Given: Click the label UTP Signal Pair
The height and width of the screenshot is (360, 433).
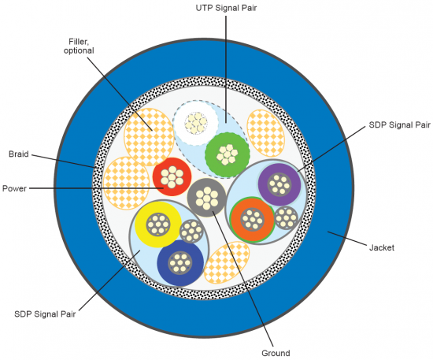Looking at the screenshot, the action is click(x=226, y=8).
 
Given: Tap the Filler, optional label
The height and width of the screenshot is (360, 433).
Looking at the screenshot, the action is click(x=79, y=46).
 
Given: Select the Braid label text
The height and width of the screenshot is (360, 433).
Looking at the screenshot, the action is click(x=19, y=154).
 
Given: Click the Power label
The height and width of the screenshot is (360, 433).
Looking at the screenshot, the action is click(x=14, y=189).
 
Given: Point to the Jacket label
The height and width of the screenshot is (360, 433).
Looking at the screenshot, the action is click(x=382, y=247).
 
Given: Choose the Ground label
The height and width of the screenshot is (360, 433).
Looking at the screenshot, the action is click(x=276, y=353).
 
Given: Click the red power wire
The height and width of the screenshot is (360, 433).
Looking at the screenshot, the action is click(x=172, y=176).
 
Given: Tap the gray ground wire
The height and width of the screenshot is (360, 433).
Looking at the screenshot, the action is click(x=207, y=198).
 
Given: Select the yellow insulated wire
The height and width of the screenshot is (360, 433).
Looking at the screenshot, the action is click(x=158, y=225).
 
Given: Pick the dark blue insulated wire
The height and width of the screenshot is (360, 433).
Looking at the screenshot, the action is click(x=180, y=263).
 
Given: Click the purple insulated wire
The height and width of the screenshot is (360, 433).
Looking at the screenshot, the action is click(x=279, y=184).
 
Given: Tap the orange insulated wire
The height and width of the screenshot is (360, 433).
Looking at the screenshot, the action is click(x=253, y=220).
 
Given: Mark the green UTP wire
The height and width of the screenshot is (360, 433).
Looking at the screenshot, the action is click(x=228, y=154).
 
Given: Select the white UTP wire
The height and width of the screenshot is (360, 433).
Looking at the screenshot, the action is click(x=196, y=123).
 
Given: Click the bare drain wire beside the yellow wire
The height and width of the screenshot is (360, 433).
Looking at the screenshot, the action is click(x=191, y=231).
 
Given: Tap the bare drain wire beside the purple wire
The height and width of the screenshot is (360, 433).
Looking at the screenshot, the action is click(x=286, y=218).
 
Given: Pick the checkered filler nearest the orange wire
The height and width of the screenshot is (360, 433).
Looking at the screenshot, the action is click(x=227, y=262).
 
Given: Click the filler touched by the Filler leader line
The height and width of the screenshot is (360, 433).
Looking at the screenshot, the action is click(x=150, y=137).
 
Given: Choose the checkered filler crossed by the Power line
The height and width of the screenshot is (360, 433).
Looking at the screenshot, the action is click(x=126, y=184).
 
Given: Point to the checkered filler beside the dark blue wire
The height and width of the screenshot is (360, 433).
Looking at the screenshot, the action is click(x=227, y=262).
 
